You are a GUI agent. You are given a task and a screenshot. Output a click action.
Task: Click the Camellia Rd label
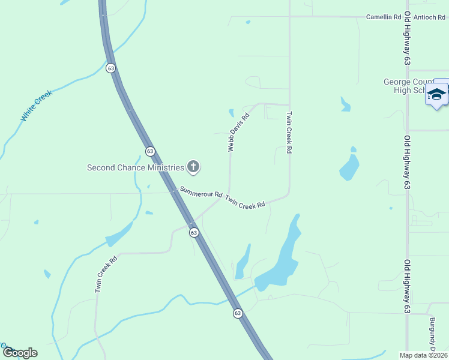[x=383, y=17]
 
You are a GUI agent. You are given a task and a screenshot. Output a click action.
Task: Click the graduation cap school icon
[x=437, y=95]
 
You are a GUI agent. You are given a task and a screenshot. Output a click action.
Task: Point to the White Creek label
[x=37, y=106]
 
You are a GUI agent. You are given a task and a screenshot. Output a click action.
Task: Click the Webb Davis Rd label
[x=238, y=133]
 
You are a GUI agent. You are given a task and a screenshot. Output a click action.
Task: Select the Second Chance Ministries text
[x=135, y=167]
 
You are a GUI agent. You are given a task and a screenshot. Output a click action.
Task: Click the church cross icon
[x=193, y=167]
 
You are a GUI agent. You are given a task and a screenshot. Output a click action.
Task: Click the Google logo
[x=20, y=353]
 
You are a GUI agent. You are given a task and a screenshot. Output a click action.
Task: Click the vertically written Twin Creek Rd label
[x=289, y=133]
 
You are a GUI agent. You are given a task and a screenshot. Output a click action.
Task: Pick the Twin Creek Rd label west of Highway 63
[x=105, y=273]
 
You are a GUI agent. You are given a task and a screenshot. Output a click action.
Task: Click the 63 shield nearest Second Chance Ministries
[x=150, y=151]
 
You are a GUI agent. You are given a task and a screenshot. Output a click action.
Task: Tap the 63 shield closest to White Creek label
[x=111, y=68]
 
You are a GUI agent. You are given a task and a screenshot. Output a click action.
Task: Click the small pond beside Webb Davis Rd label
[x=231, y=113]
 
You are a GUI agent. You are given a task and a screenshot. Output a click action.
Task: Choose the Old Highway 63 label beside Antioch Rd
[x=407, y=38]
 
